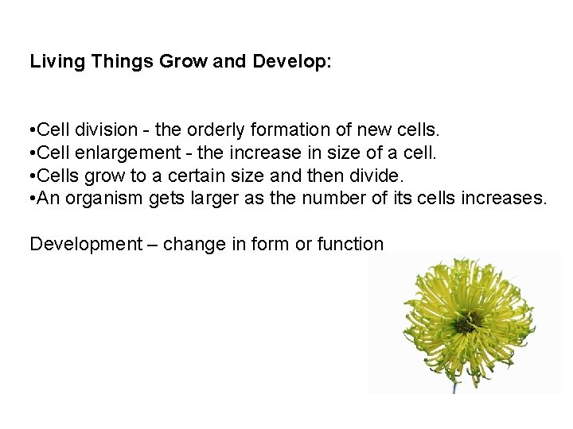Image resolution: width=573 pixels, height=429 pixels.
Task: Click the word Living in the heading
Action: pos(54,61)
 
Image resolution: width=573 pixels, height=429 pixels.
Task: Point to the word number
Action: pos(333,198)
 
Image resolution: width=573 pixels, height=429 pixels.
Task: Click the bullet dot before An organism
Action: pos(32,198)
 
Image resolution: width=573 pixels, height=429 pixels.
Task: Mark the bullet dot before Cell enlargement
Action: pos(32,152)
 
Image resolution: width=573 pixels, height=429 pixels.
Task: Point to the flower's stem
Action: pos(454,387)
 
